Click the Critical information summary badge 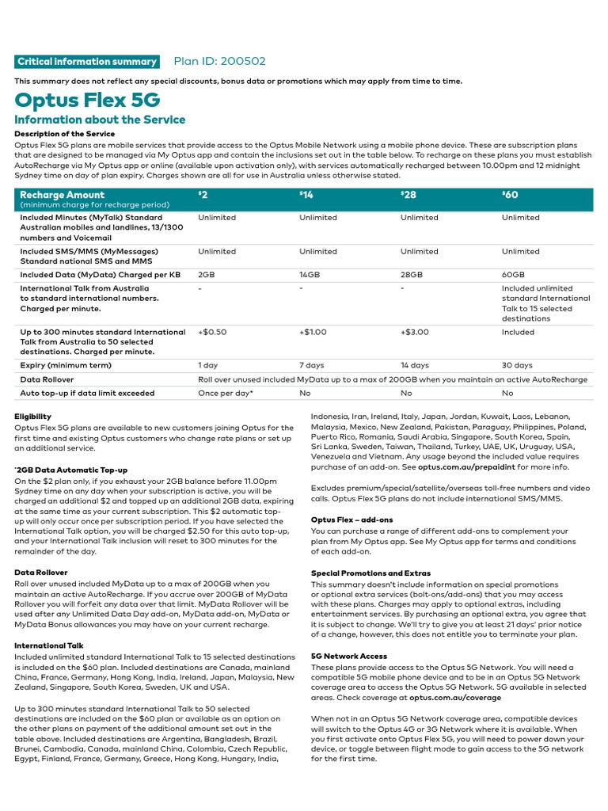(x=87, y=62)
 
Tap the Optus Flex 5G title (x=87, y=100)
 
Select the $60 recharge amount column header (x=511, y=196)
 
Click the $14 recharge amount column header (x=306, y=196)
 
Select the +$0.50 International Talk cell (x=212, y=333)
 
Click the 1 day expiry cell (x=209, y=366)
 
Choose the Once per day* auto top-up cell (x=226, y=393)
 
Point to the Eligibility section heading (x=33, y=417)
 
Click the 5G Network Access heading (x=349, y=657)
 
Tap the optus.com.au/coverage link (x=455, y=698)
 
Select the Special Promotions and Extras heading (x=370, y=573)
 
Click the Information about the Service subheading (x=100, y=120)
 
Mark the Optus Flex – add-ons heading (x=351, y=520)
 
